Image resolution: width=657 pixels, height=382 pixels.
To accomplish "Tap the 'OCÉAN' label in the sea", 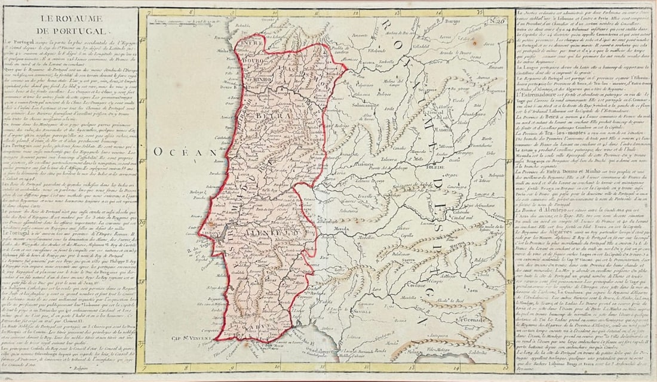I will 173,152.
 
